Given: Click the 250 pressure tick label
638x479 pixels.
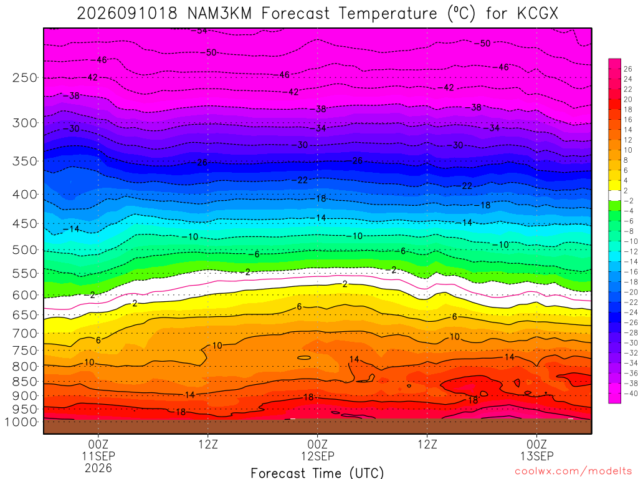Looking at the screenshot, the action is [x=25, y=78].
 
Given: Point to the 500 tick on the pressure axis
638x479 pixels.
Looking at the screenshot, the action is [x=25, y=250].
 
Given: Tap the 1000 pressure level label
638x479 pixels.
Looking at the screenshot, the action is [x=22, y=422].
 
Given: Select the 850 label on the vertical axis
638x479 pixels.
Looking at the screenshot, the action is [x=25, y=382].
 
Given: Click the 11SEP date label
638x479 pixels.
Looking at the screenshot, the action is [x=98, y=456].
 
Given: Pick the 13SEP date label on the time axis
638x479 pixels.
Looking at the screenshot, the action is [x=536, y=456].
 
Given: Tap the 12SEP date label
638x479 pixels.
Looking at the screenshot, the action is [x=318, y=456].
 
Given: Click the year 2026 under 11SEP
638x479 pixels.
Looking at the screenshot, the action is [x=98, y=468].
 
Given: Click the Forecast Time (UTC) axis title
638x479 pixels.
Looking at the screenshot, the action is [x=317, y=473].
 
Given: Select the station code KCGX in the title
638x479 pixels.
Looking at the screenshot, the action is [x=538, y=14].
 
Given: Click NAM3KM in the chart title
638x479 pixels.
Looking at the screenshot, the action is [x=220, y=14].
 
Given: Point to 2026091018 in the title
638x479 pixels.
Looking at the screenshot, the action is [x=127, y=14].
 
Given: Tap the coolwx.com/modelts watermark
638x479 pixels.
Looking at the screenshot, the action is [x=576, y=472].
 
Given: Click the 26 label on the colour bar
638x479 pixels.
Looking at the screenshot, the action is [x=628, y=69].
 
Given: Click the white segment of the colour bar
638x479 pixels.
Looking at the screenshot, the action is [x=615, y=195].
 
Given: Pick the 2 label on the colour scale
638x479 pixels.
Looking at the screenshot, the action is [x=626, y=191].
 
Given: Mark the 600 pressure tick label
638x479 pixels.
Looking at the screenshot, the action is [x=25, y=295].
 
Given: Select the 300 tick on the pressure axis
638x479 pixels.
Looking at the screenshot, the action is [x=25, y=123].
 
